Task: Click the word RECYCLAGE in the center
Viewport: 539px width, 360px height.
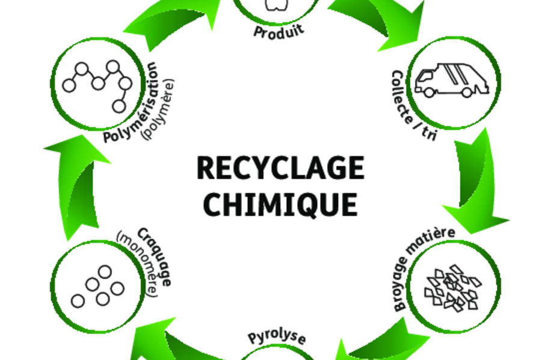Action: click(280, 167)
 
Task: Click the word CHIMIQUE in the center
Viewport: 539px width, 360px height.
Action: click(280, 203)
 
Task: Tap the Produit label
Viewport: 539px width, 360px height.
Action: click(278, 30)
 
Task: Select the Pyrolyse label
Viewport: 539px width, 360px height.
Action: click(277, 337)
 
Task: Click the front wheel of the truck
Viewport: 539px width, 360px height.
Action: click(430, 92)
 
